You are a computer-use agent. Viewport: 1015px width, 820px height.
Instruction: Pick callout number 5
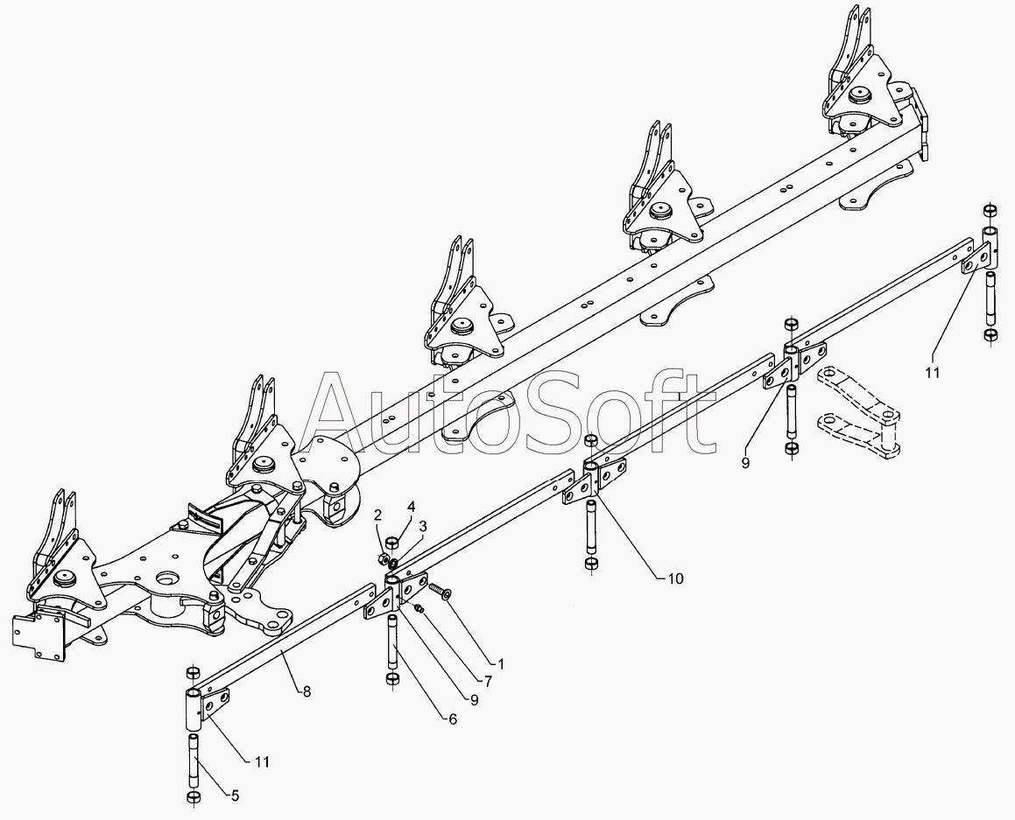[x=234, y=795]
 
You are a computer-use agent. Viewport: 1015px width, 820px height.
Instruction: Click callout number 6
[x=452, y=719]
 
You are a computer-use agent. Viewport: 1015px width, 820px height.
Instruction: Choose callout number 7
[x=488, y=679]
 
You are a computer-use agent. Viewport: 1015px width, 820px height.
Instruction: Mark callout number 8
[x=307, y=690]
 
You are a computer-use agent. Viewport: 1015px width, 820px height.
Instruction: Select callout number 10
[x=676, y=578]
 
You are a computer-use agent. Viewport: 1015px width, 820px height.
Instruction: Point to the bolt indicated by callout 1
[x=438, y=594]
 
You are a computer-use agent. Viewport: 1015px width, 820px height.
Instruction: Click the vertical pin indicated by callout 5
[x=194, y=760]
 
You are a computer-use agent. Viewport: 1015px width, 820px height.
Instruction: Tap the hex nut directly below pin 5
[x=194, y=798]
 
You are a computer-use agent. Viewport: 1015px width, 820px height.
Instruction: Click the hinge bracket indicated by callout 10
[x=598, y=480]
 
